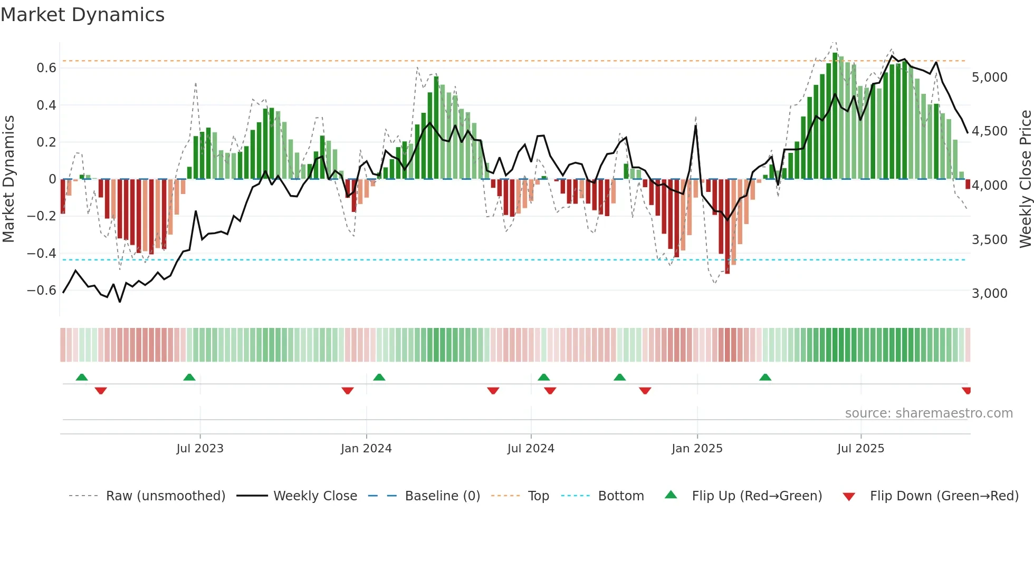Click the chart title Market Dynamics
(82, 15)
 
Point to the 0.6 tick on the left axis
(46, 68)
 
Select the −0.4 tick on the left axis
(42, 254)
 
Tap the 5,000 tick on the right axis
(989, 78)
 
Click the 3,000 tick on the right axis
(989, 294)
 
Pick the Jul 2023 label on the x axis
(200, 449)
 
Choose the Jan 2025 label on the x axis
(697, 449)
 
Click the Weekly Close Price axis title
(1025, 179)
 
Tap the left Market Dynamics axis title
(9, 179)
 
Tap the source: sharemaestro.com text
(928, 413)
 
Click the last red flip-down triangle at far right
(966, 391)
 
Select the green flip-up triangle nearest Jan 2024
(379, 377)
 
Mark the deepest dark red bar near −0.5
(727, 227)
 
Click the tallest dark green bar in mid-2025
(835, 116)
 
